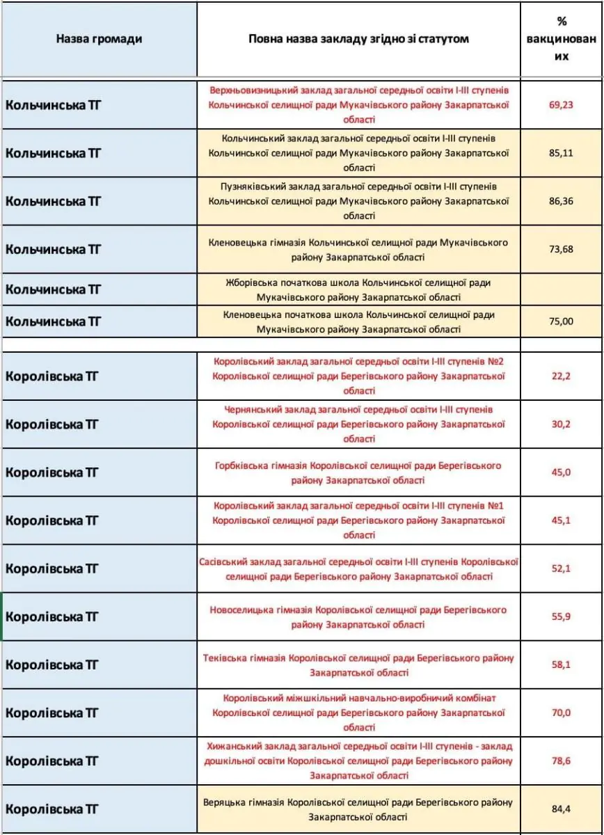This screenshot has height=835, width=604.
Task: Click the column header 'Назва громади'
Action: click(99, 39)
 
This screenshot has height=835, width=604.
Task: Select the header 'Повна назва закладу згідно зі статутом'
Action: click(358, 39)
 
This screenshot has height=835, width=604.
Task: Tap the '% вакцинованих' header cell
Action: click(561, 39)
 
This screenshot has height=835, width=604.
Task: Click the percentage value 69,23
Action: click(561, 104)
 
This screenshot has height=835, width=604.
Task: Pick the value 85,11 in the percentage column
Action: click(561, 152)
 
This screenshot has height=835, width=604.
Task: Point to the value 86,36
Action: click(561, 200)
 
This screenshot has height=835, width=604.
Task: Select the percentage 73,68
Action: click(561, 249)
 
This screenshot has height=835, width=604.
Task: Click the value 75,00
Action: click(561, 321)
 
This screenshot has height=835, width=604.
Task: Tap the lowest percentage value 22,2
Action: click(561, 376)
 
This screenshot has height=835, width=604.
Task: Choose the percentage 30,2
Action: click(561, 424)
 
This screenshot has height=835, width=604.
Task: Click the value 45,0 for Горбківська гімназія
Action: click(561, 472)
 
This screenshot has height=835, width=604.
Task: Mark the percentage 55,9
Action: click(561, 617)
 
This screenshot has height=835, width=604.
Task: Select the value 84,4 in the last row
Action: click(561, 809)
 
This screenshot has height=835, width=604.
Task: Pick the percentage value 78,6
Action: click(561, 761)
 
